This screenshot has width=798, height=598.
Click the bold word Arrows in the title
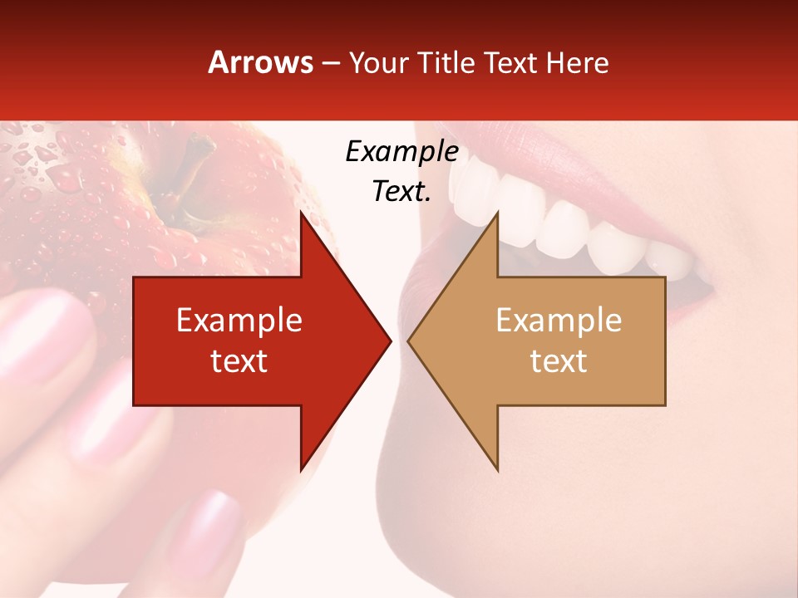pos(261,62)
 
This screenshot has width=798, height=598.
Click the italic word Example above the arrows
pos(401,152)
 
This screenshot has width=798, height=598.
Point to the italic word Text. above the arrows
pos(401,192)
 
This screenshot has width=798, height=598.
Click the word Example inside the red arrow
pos(239,321)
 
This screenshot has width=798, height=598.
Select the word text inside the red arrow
pos(239,361)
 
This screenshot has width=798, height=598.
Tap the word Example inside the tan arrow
pos(559,321)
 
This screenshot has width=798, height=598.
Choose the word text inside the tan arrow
pos(559,361)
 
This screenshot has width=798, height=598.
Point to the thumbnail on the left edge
pos(37,328)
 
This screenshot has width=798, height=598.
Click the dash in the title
pos(330,62)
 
